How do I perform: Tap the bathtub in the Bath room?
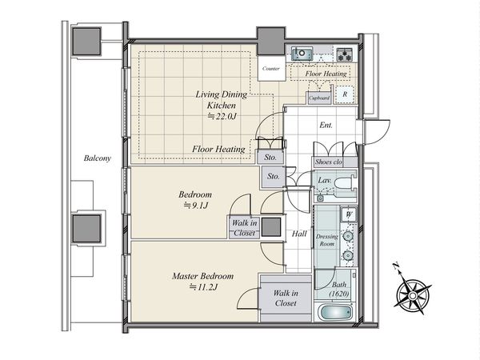point(335,313)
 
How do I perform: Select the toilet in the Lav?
point(343,183)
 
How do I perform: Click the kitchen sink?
point(302,54)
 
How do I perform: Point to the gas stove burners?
point(345,54)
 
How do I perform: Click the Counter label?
point(271,69)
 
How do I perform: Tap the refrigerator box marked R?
point(345,94)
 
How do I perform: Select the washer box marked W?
point(349,214)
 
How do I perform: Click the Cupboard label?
point(319,98)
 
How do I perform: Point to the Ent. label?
point(326,125)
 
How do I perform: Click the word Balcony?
point(98,158)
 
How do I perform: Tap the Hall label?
point(299,234)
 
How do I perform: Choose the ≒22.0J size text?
point(222,116)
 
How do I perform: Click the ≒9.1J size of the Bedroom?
point(195,206)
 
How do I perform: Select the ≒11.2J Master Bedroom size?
point(203,287)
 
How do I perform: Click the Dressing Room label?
point(327,240)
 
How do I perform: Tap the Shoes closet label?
point(329,162)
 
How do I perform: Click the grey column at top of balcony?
point(86,42)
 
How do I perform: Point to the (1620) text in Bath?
point(339,294)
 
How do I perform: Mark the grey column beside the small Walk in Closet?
point(271,227)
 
